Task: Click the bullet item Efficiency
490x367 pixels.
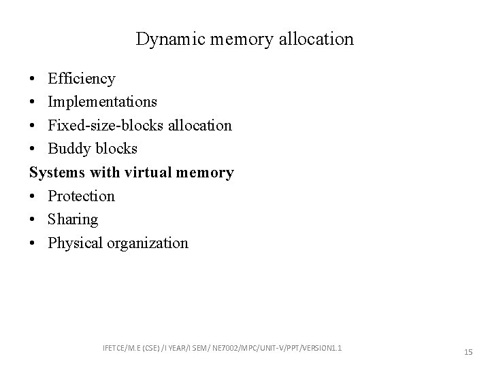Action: (x=81, y=79)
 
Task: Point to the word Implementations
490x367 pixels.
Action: (x=102, y=102)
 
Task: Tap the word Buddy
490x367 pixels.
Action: (x=69, y=149)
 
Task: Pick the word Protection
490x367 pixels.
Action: (x=81, y=196)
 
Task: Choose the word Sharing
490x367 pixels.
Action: (x=73, y=220)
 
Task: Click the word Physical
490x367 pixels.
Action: (x=76, y=243)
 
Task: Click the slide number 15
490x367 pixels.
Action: (x=468, y=352)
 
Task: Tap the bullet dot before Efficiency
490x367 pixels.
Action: (x=33, y=80)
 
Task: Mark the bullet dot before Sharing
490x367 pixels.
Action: (x=33, y=220)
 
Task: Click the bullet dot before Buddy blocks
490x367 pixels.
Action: (x=33, y=150)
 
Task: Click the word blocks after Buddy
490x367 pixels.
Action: (x=115, y=149)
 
